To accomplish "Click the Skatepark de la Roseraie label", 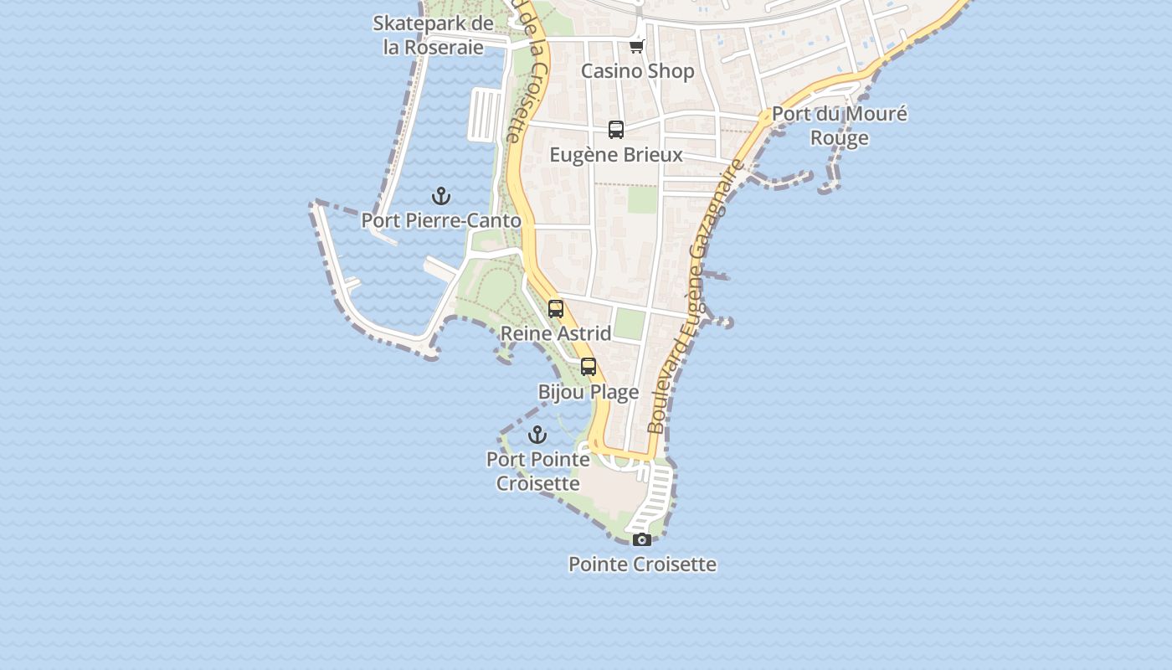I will coord(433,35).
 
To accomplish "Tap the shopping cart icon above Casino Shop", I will coord(637,46).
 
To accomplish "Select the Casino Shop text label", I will coord(638,71).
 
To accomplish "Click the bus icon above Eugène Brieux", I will coord(616,130).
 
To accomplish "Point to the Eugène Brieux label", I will coord(616,155).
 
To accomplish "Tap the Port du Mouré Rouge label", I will coord(839,126).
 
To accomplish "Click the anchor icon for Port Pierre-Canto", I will coord(441,196).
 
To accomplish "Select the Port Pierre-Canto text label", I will coord(441,221).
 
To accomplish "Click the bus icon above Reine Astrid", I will coord(556,308).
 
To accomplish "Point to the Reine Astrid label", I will coord(556,333).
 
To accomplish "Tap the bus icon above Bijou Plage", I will coord(589,366).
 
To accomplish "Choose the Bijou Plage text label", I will coord(589,392).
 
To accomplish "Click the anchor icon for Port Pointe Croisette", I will coord(537,435).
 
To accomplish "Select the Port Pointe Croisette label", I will coord(538,472).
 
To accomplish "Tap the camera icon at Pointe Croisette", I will coord(642,539).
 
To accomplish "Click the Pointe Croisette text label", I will coord(642,564).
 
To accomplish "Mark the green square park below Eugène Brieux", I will coord(643,199).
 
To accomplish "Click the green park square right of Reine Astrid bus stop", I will coord(630,324).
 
